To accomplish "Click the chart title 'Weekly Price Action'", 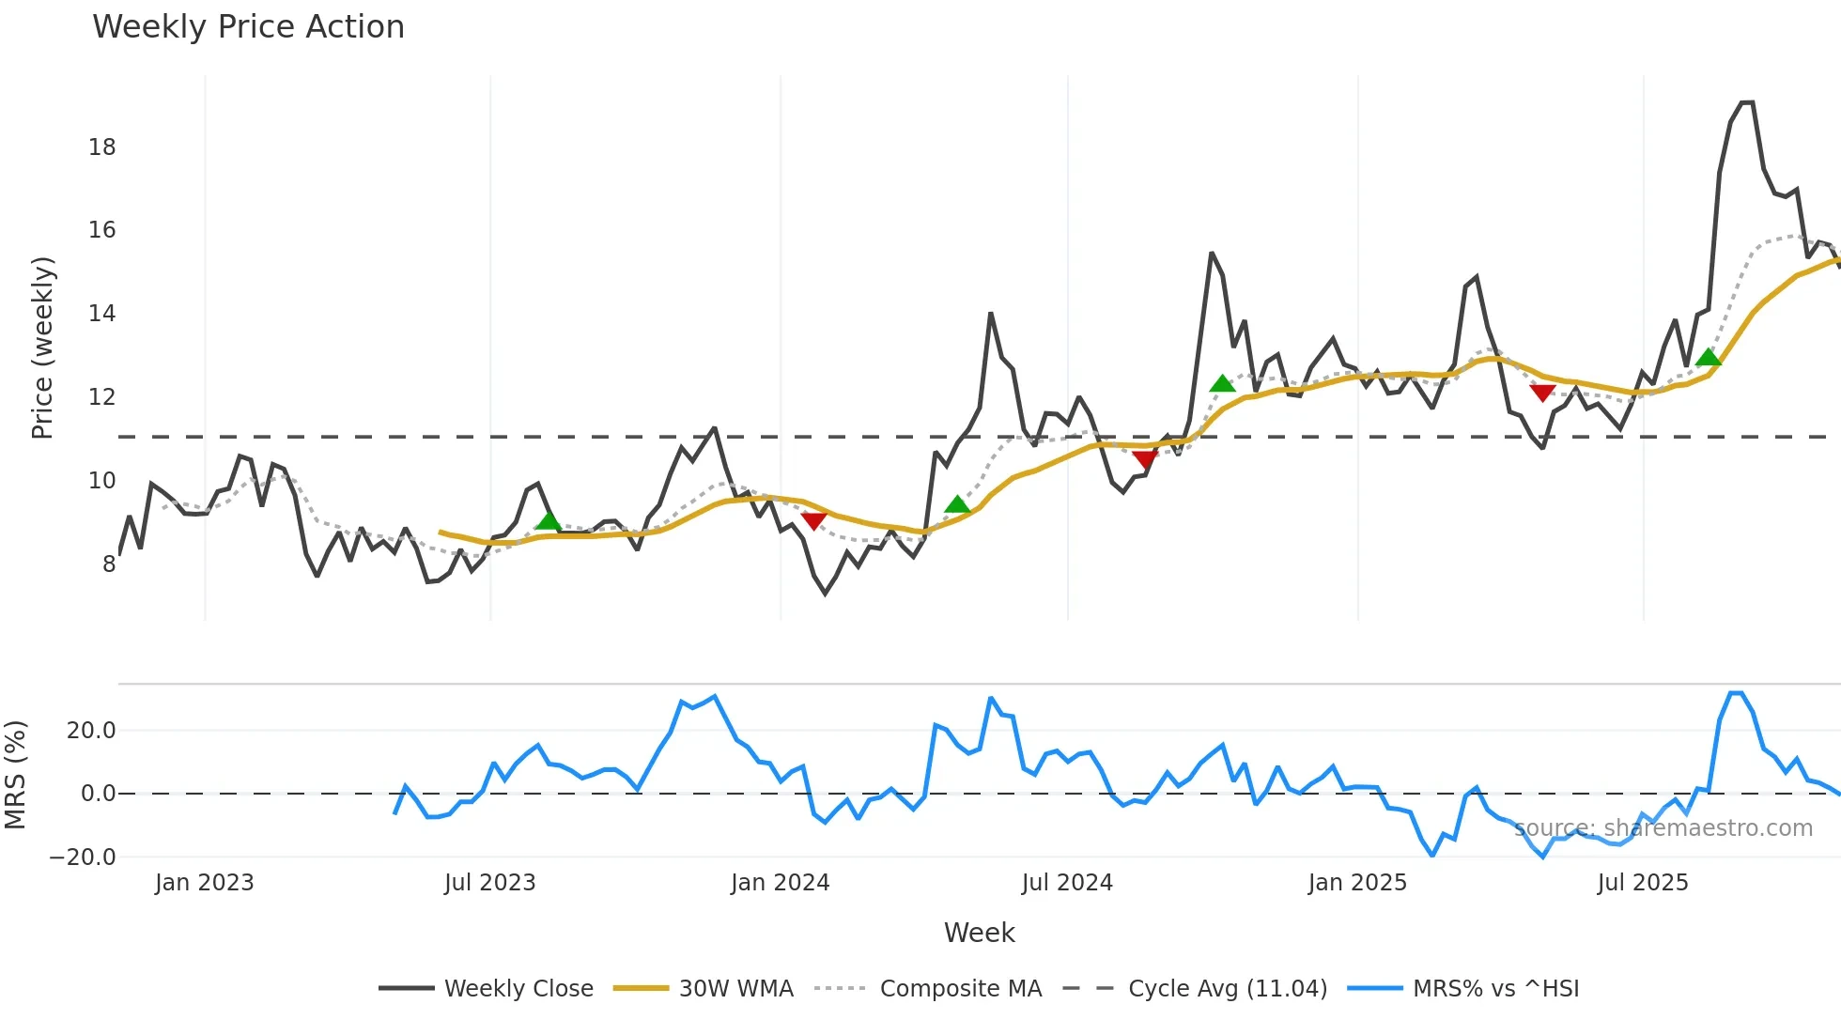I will [x=248, y=27].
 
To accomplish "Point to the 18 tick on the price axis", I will [x=101, y=147].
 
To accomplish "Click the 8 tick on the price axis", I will [x=109, y=564].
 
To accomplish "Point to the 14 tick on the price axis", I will [x=101, y=314].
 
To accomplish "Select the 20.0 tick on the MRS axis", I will [x=91, y=731].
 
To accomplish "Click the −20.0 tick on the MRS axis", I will [x=83, y=857].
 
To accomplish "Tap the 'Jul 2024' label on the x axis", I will [x=1067, y=883].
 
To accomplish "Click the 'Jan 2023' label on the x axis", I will [x=205, y=883].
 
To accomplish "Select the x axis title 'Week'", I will [x=979, y=933].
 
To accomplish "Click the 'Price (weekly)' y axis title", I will [x=42, y=348].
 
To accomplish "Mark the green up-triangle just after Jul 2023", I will [x=548, y=521].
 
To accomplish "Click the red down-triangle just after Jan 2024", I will [x=813, y=520].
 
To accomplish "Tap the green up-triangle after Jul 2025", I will [x=1709, y=357].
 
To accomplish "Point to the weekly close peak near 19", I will [x=1746, y=102].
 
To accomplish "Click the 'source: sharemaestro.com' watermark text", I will [x=1663, y=828].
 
